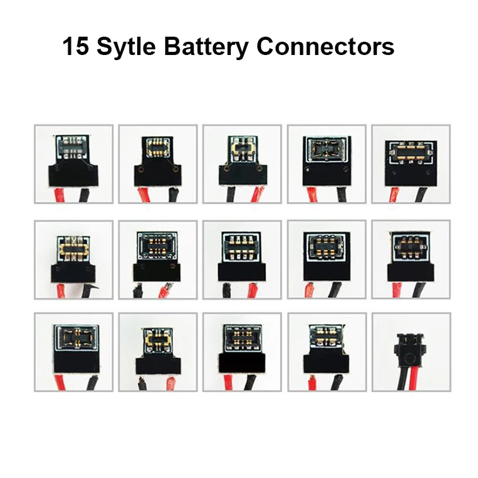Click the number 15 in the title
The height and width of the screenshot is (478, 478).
tap(76, 46)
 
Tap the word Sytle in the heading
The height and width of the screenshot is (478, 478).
tap(126, 47)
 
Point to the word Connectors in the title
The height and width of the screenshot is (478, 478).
tap(325, 47)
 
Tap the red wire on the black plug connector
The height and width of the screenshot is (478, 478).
tap(415, 378)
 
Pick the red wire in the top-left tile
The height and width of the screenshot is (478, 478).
tap(60, 195)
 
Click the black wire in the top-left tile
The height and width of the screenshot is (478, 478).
tap(85, 195)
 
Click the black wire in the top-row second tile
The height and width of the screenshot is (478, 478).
tap(174, 195)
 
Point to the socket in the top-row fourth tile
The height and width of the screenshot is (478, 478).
tap(326, 149)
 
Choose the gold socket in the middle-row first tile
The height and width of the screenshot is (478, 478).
tap(73, 248)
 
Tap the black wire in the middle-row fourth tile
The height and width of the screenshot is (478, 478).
tap(335, 290)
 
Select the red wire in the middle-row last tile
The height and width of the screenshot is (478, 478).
tap(397, 290)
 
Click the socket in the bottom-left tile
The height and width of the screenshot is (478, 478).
tap(77, 338)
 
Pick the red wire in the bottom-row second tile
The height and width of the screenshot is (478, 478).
tap(171, 384)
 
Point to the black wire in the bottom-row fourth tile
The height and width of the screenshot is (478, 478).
tap(338, 383)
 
